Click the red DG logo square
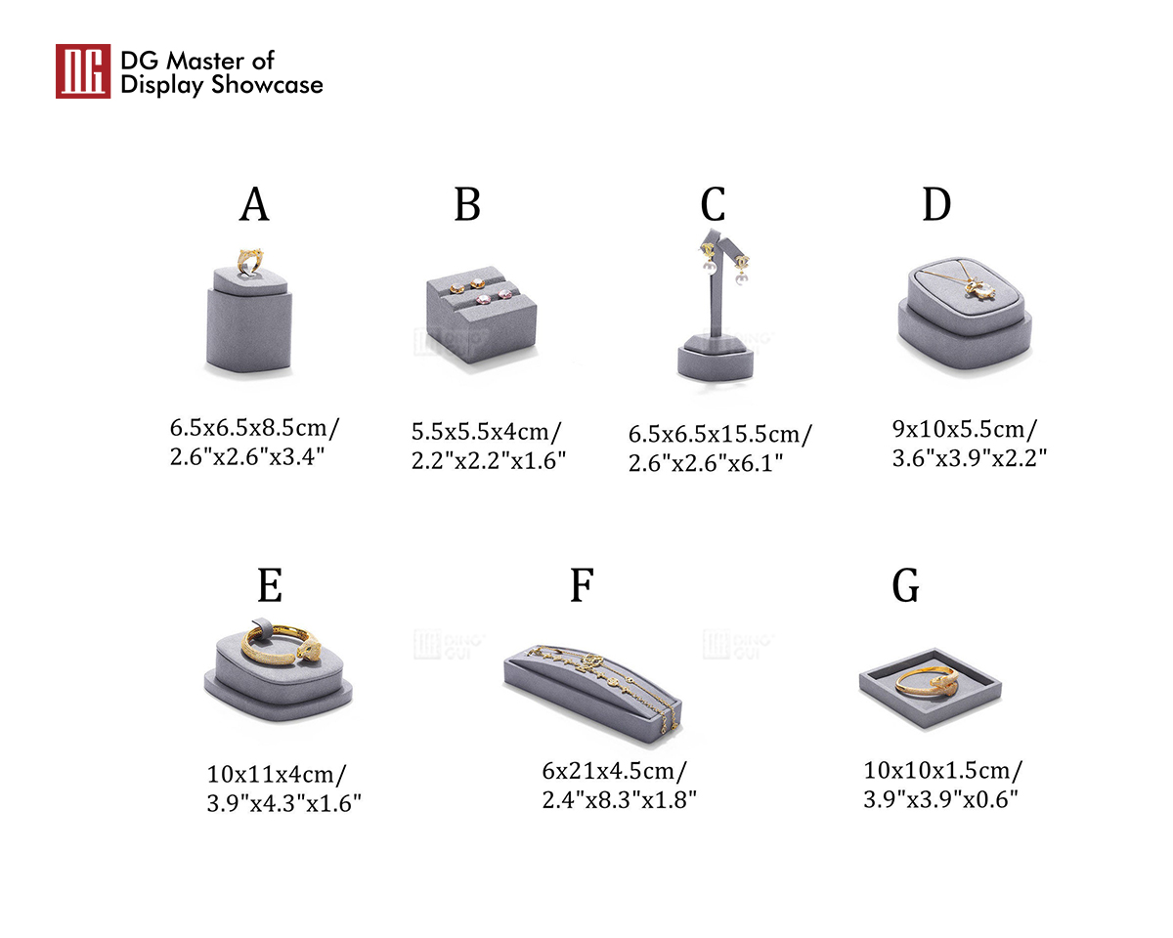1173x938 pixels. [83, 71]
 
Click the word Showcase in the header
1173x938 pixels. [267, 85]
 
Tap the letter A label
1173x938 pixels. [254, 204]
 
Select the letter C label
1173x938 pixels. [713, 204]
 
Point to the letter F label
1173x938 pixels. [582, 585]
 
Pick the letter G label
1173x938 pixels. [905, 585]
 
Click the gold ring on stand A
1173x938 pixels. [250, 262]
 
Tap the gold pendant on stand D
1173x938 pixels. [981, 289]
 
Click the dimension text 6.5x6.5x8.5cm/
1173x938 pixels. [254, 428]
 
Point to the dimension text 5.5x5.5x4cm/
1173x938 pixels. [486, 432]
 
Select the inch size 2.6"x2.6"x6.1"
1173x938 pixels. [706, 463]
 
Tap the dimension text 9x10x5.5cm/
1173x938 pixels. [965, 430]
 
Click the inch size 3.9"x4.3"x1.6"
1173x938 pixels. [284, 803]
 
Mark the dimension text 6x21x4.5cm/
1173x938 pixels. [615, 771]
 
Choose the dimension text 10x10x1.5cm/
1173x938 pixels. [943, 770]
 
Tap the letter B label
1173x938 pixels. [467, 204]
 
